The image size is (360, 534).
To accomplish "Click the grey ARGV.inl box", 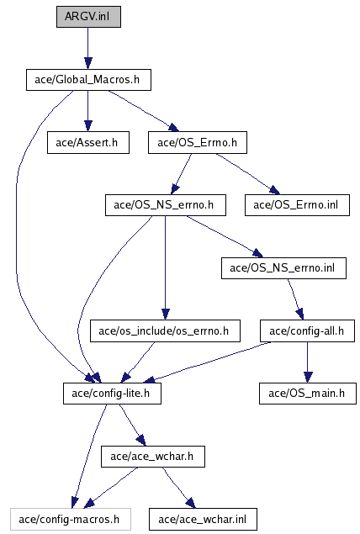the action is coord(88,17).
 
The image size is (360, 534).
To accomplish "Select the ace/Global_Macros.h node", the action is coord(88,80).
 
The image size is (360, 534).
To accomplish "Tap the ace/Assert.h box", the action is coord(88,143).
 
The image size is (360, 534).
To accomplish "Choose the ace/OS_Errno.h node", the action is coord(198,143).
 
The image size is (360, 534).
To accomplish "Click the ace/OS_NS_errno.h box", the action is coord(166,205).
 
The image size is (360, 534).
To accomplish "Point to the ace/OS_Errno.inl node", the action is coord(297,205).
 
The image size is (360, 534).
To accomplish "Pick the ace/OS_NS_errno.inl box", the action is coord(283,268).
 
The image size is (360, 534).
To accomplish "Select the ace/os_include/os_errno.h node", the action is coord(165,331).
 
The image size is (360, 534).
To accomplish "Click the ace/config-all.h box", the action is coord(308,331).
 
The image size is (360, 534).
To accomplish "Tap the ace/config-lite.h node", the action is coord(112,394).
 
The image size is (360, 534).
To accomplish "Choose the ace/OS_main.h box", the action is coord(308,394).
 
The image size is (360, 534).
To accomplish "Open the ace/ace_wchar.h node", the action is coord(153,457).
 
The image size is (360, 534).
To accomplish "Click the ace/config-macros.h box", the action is coord(71,520).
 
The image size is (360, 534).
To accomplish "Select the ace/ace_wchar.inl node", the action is coord(203,520).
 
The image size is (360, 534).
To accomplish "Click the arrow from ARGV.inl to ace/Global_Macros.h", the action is coord(88,49).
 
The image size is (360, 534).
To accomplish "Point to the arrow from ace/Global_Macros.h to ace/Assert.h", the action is coord(88,111).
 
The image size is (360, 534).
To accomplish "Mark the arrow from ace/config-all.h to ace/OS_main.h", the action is coord(308,362).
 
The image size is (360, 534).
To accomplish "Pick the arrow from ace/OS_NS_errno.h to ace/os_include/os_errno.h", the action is coord(166,267).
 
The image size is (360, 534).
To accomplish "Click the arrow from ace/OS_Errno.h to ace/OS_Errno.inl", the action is coord(248,174).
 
